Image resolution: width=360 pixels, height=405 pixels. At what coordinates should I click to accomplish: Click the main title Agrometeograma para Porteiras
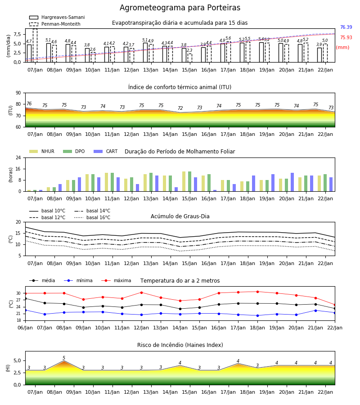click(x=180, y=8)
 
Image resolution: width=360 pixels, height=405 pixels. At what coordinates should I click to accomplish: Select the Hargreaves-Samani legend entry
click(x=57, y=17)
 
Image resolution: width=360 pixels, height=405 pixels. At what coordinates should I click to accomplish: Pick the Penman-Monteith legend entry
click(x=55, y=24)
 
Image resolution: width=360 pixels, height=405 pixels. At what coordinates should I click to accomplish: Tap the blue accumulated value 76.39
click(x=346, y=27)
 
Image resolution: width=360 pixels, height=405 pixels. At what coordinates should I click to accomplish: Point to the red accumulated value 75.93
click(x=346, y=37)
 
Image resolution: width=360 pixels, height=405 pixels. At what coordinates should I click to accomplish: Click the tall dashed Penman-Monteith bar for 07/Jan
click(x=35, y=45)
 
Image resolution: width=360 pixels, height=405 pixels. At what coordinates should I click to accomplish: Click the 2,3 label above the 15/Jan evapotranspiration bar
click(x=189, y=50)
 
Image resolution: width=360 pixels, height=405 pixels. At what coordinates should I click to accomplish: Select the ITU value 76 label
click(x=29, y=103)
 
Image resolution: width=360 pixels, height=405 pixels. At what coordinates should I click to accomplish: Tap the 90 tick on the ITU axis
click(x=18, y=93)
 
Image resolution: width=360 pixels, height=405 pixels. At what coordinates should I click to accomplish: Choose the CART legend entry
click(x=106, y=151)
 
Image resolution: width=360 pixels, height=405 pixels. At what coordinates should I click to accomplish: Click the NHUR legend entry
click(x=42, y=151)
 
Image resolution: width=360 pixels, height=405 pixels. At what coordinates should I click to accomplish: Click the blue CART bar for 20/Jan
click(x=292, y=182)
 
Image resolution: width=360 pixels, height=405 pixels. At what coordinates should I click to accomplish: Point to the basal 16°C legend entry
click(x=92, y=217)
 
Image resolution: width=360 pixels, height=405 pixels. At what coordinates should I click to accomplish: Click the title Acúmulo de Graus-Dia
click(x=180, y=216)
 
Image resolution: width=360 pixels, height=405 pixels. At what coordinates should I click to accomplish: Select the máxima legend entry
click(x=116, y=280)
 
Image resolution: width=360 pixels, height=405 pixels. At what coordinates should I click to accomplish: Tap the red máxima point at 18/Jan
click(x=257, y=292)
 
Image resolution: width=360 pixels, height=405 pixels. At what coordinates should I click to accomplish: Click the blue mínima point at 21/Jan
click(x=315, y=310)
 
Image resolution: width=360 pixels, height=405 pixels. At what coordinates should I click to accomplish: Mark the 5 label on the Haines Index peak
click(x=64, y=358)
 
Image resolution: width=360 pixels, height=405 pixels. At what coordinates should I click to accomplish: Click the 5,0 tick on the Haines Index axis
click(x=18, y=360)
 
